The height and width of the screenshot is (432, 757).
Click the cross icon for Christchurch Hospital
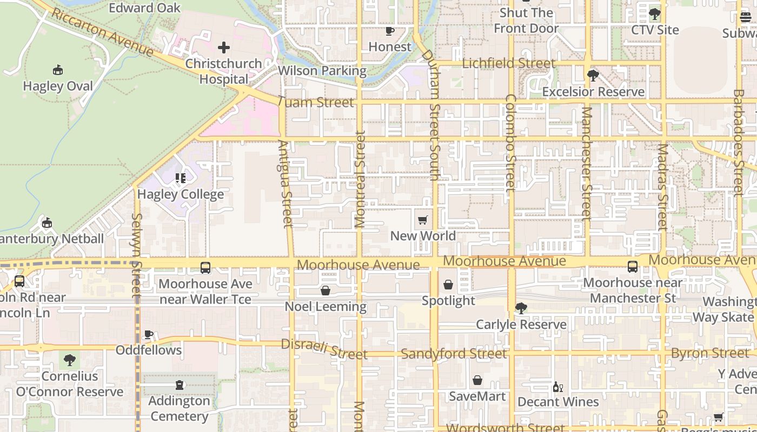[x=223, y=48]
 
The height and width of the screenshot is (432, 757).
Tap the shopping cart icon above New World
[x=423, y=220]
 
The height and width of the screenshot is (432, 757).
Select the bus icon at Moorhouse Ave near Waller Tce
[x=205, y=267]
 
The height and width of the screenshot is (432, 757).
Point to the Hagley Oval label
[x=58, y=86]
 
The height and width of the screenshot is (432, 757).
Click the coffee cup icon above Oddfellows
[x=149, y=335]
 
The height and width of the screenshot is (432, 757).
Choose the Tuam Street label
[x=316, y=102]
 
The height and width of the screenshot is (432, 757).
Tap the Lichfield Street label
[x=508, y=63]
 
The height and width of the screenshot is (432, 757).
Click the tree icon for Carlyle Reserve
[x=521, y=308]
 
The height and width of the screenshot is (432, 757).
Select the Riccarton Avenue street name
[x=102, y=32]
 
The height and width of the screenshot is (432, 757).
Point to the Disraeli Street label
[x=324, y=349]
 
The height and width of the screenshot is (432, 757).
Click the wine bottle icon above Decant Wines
[x=558, y=387]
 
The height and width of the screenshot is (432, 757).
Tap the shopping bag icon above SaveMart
[x=477, y=381]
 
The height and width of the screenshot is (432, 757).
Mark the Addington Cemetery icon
[x=180, y=385]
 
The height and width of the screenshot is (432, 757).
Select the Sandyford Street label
[x=454, y=354]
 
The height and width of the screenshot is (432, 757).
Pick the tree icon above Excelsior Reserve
[x=593, y=76]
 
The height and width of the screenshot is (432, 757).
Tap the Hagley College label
[x=181, y=194]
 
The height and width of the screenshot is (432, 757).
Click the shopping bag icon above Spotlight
[x=448, y=285]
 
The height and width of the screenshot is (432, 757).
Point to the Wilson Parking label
[x=322, y=71]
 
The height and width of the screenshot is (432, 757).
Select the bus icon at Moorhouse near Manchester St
[x=633, y=267]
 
